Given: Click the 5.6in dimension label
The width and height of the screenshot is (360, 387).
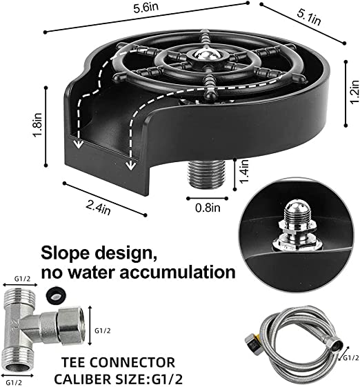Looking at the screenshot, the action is click(x=146, y=8).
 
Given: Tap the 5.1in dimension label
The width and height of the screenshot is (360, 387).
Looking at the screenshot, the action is click(x=309, y=17).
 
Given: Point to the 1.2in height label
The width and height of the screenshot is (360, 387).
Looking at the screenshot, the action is click(x=354, y=92).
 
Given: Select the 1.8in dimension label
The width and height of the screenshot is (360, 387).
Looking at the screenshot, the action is click(x=37, y=125).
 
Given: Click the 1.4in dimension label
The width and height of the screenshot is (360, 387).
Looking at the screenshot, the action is click(x=243, y=171).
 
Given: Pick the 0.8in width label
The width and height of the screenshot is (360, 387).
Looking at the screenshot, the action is click(x=208, y=208).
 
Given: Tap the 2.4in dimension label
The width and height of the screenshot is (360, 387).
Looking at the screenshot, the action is click(x=99, y=208).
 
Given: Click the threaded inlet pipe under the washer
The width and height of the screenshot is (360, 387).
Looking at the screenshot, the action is click(x=206, y=174).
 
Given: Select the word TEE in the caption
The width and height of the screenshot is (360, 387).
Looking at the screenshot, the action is click(x=74, y=362).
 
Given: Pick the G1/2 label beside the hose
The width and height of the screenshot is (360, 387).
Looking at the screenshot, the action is click(x=351, y=357).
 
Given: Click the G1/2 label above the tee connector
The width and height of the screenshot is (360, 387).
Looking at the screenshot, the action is click(x=23, y=279).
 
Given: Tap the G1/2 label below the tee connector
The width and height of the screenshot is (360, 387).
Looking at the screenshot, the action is click(x=14, y=382).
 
